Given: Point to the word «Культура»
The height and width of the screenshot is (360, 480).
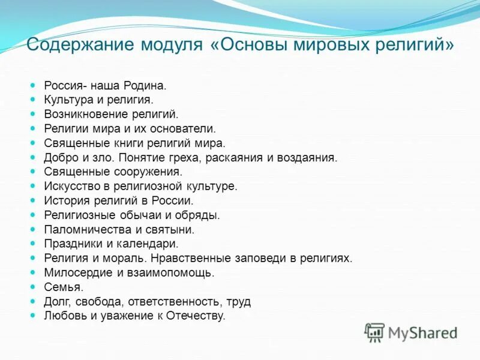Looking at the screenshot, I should tap(67, 100).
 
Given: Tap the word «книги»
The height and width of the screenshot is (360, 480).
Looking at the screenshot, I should tap(126, 143).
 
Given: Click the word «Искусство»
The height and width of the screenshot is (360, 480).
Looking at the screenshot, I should tap(69, 186).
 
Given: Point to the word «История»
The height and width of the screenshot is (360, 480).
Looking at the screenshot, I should tap(64, 200).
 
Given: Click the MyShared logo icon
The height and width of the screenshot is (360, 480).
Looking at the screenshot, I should tap(375, 331).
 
